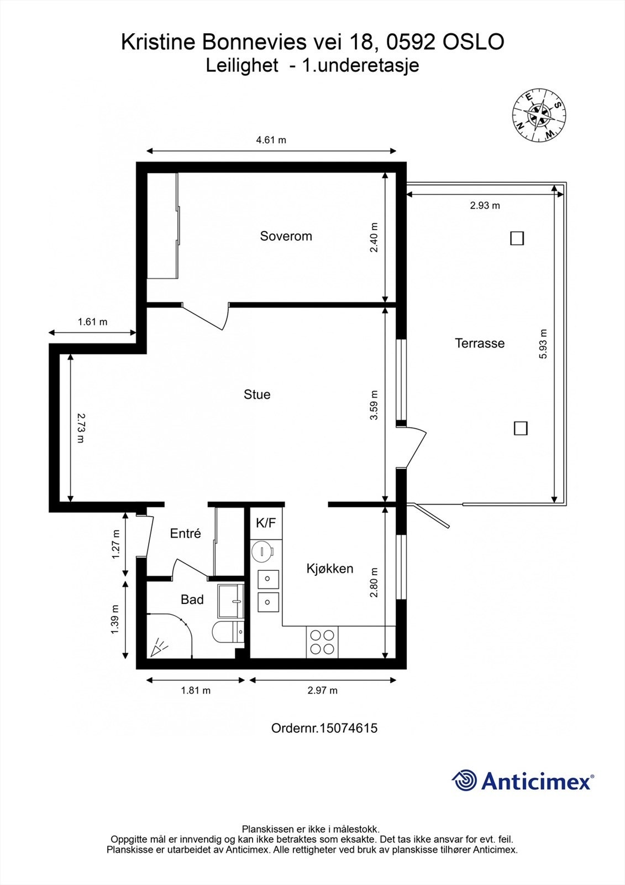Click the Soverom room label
[286, 236]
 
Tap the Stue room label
[257, 394]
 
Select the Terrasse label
[480, 343]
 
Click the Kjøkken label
[330, 569]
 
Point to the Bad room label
[192, 600]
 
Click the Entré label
[185, 533]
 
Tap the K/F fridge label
[266, 523]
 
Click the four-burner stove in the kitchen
[322, 642]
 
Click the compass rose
[538, 116]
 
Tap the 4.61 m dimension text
[271, 140]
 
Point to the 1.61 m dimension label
[92, 322]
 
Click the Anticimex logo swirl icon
[464, 781]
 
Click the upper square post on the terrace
[517, 238]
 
